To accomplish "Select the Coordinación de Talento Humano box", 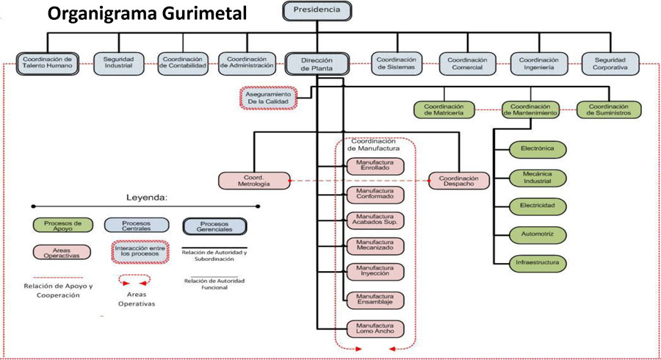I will [x=47, y=64].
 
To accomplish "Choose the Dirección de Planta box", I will [x=317, y=64].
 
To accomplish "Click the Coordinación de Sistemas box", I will [x=397, y=64].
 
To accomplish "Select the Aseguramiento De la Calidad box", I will [x=269, y=98].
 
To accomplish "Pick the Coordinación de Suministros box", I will [x=607, y=110].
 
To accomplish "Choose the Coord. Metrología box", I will [x=250, y=181].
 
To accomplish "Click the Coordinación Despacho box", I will [x=458, y=181].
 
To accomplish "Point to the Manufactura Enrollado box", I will [x=375, y=165].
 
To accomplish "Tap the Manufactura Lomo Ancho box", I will [x=375, y=328].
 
